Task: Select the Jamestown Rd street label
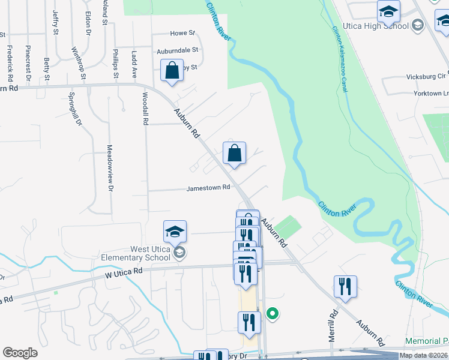(208, 187)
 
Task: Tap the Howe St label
(183, 33)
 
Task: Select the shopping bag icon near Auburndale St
(172, 71)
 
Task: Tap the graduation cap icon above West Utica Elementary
(175, 232)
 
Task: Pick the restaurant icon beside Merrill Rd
(345, 287)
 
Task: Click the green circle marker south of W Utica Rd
(272, 313)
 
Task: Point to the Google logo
(20, 353)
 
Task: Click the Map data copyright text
(424, 355)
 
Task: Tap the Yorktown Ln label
(431, 94)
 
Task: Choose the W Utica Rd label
(125, 271)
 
